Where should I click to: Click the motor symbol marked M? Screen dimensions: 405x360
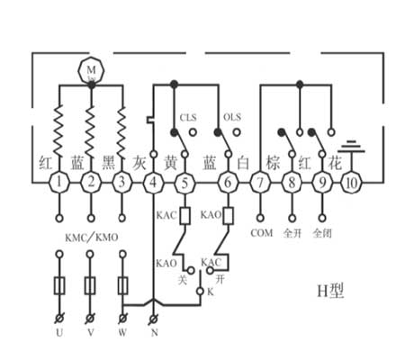pos(91,71)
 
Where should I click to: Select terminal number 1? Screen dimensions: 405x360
pos(59,182)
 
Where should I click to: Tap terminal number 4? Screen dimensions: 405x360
pos(153,182)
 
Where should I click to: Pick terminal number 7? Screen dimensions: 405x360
pos(260,182)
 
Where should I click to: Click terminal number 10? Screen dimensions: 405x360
pos(352,182)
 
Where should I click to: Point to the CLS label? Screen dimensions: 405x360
pos(188,117)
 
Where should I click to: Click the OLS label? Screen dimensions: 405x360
pos(232,117)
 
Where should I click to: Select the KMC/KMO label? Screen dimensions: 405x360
pos(92,238)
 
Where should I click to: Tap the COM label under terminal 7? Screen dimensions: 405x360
pos(262,233)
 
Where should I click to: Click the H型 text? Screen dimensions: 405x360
pos(330,291)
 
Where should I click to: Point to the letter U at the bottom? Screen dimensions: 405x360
pos(59,332)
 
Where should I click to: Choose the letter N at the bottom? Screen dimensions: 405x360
pos(154,332)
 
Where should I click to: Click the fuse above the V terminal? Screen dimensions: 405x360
pos(90,286)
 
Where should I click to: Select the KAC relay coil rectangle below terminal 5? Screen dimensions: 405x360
pos(184,216)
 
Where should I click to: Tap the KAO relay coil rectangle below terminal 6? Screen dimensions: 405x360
pos(229,216)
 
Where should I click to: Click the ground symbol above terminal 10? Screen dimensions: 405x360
pos(352,147)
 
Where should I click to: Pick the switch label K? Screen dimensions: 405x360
pos(211,292)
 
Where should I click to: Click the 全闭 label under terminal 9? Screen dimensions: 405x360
pos(322,233)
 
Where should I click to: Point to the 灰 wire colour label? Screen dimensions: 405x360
pos(139,164)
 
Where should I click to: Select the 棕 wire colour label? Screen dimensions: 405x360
pos(273,163)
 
